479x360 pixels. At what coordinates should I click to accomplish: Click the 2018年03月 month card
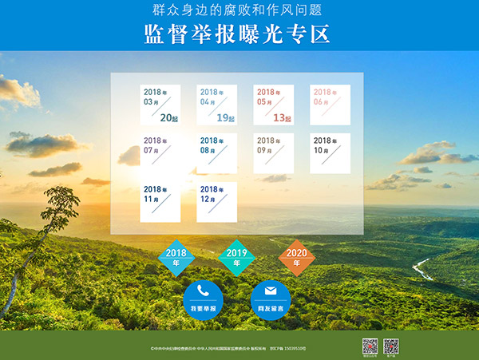point(160,105)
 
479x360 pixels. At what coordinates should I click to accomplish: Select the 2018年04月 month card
point(216,105)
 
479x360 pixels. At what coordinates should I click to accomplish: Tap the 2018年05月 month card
point(273,105)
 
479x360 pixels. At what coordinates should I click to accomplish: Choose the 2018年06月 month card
point(330,105)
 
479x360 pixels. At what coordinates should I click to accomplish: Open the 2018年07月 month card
point(160,153)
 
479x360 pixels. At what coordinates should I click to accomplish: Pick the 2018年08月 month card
point(216,153)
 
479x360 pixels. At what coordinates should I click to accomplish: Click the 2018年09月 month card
point(273,153)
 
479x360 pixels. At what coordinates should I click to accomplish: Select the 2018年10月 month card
point(330,153)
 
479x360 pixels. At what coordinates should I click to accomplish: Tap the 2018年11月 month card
point(160,202)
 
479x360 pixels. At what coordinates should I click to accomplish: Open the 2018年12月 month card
point(216,202)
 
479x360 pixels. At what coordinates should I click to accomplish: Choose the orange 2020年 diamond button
point(297,257)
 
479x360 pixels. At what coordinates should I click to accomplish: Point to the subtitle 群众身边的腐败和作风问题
point(237,11)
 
